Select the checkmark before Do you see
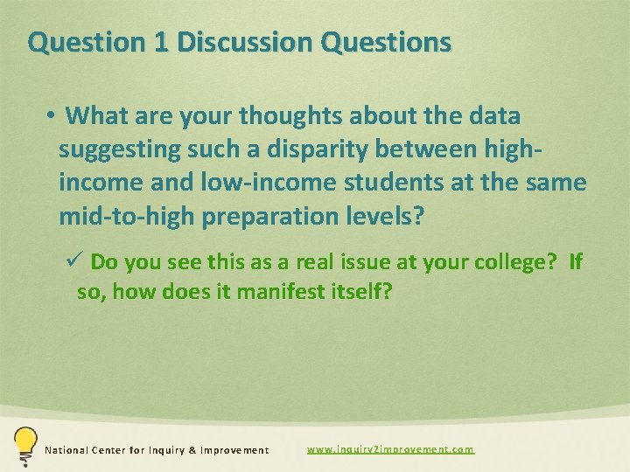pyautogui.click(x=76, y=261)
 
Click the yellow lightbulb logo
pyautogui.click(x=24, y=446)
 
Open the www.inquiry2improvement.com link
pyautogui.click(x=390, y=449)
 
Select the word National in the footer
pyautogui.click(x=66, y=450)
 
